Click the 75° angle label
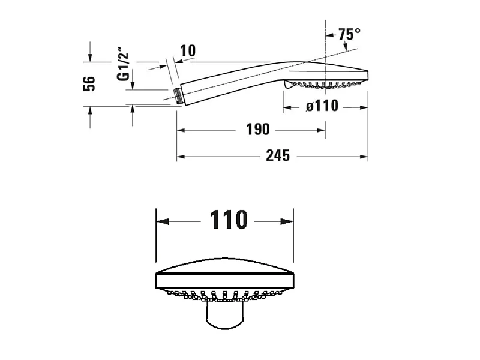[349, 34]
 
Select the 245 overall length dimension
[278, 156]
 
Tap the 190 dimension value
[258, 130]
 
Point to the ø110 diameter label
[322, 106]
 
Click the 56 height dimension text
[89, 83]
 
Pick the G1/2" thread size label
[123, 64]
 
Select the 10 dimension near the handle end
[188, 51]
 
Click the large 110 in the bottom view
[229, 219]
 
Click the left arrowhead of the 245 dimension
[181, 157]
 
